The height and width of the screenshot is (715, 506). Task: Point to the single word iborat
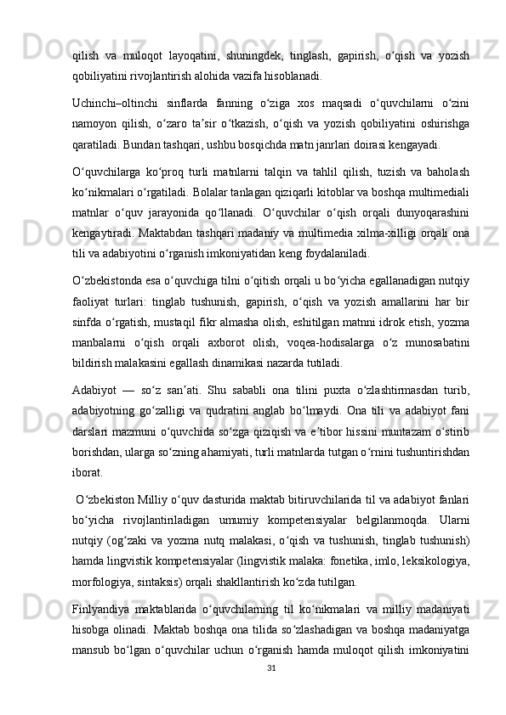88,473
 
